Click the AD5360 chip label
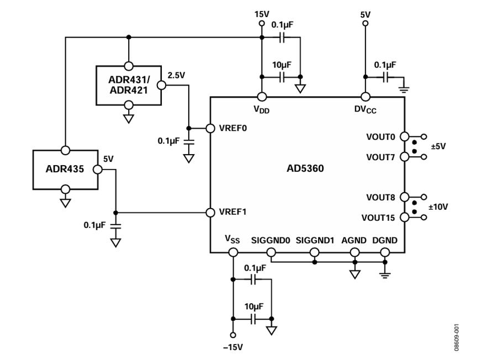[305, 168]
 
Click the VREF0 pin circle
[210, 128]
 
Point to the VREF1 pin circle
[210, 213]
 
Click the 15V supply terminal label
[262, 14]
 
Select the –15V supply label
[233, 347]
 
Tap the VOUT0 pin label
[380, 137]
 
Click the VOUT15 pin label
[378, 218]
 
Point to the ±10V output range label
[438, 207]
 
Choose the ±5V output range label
[438, 146]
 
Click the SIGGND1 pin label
[315, 241]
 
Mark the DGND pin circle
[385, 252]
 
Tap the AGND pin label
[354, 241]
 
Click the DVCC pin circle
[366, 97]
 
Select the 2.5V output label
[176, 76]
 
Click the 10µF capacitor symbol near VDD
[282, 77]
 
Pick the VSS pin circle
[233, 252]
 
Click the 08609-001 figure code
[456, 337]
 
